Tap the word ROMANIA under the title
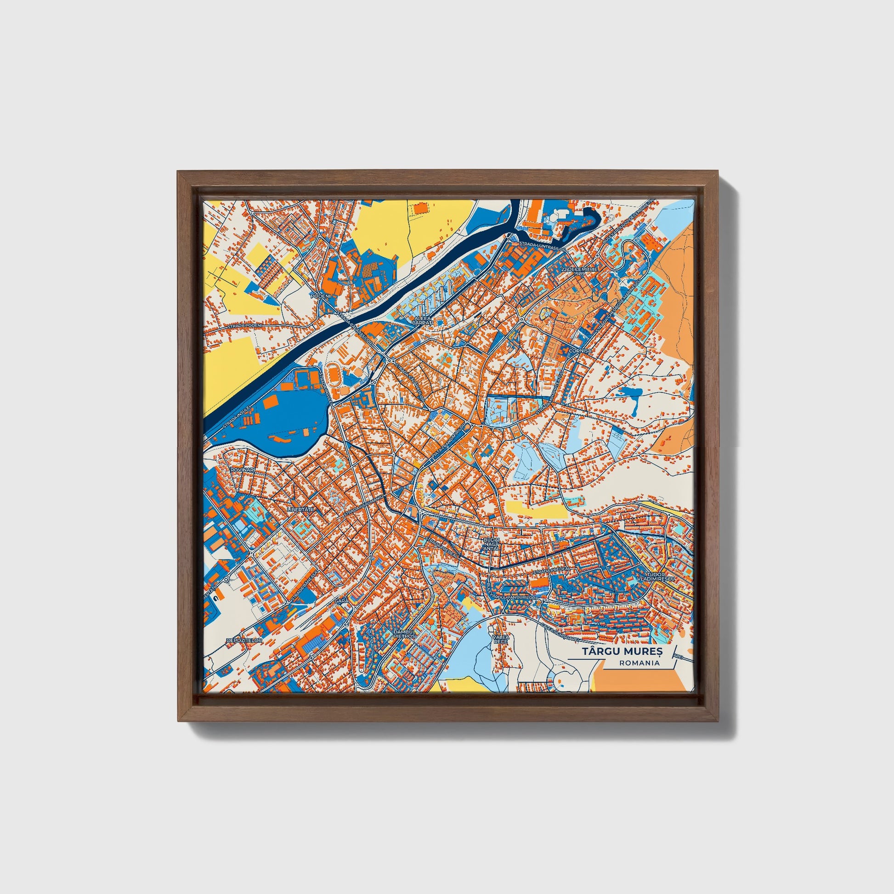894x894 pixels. point(640,663)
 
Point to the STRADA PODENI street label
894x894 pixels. point(245,325)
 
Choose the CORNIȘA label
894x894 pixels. point(581,351)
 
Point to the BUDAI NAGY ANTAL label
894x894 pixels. point(491,545)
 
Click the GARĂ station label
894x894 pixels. point(341,600)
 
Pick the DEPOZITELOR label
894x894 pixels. point(244,640)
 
